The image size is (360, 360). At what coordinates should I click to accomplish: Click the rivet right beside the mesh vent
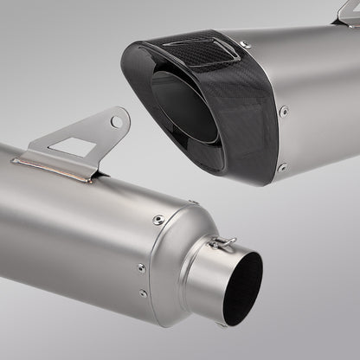[x=245, y=44]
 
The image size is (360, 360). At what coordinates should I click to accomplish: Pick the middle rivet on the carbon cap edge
[x=284, y=111]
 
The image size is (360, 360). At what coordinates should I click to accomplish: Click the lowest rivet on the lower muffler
[x=144, y=293]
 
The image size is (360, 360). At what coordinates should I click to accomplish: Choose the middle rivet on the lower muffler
[x=140, y=268]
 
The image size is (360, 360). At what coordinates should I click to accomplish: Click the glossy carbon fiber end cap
[x=199, y=95]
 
